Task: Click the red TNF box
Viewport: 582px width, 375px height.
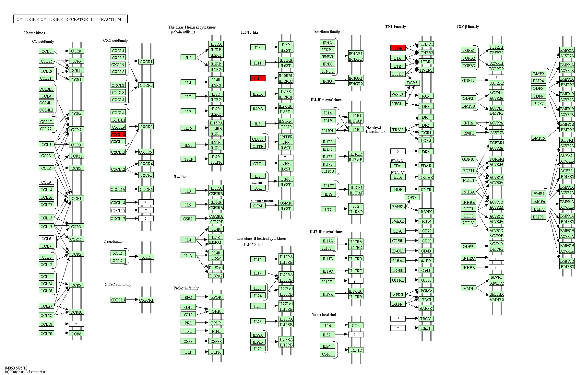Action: point(398,48)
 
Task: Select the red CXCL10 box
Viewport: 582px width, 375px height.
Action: point(118,135)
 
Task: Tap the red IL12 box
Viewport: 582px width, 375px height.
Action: point(258,78)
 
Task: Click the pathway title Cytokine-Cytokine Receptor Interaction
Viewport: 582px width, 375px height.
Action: point(70,19)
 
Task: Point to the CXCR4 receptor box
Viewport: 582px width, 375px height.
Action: point(146,164)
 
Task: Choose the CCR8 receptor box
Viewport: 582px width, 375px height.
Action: point(77,51)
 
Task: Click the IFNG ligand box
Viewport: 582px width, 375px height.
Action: point(327,81)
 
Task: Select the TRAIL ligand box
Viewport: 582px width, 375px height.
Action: point(398,130)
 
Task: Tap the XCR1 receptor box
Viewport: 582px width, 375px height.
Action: point(146,257)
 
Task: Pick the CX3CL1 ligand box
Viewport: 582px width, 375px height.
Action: point(118,300)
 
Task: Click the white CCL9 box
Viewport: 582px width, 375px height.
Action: point(46,182)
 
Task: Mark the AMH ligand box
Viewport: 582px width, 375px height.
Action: point(468,288)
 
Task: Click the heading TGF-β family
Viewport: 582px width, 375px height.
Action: point(467,27)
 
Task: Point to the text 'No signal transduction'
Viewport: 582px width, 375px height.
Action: point(376,130)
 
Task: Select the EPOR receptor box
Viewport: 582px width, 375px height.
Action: point(216,297)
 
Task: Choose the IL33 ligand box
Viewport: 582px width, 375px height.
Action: point(327,209)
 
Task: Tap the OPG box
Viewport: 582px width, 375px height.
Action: point(412,197)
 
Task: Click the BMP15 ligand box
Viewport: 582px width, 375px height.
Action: point(539,138)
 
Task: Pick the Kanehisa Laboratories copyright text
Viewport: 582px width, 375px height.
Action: point(25,372)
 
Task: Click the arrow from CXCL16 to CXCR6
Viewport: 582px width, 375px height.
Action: point(132,189)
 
